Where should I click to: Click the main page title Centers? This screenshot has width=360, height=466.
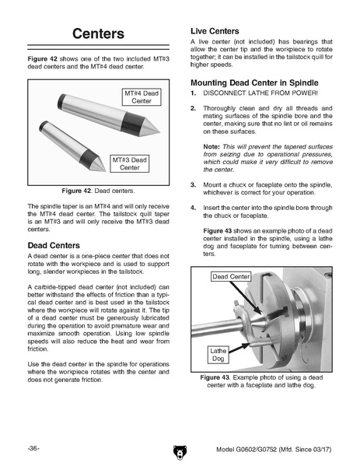98,33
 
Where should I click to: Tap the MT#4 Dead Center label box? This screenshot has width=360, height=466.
142,97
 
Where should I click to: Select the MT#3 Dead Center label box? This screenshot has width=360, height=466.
130,163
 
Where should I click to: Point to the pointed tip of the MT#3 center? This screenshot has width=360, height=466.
105,170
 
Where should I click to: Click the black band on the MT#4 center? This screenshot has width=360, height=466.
133,124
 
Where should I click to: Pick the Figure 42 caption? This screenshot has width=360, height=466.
98,191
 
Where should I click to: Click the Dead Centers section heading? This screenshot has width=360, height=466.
54,246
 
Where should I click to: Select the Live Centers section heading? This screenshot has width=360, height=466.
215,31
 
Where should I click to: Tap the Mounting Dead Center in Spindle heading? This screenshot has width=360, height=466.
254,82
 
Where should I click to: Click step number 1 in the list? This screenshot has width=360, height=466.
194,93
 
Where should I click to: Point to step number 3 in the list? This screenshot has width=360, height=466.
194,185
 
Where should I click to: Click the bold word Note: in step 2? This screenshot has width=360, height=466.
211,146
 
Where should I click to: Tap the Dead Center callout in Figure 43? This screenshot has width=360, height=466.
231,276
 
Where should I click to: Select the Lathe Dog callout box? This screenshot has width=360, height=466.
218,355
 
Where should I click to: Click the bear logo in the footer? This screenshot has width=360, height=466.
180,452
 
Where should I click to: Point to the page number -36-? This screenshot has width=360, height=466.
33,448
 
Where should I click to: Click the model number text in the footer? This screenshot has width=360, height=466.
274,449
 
